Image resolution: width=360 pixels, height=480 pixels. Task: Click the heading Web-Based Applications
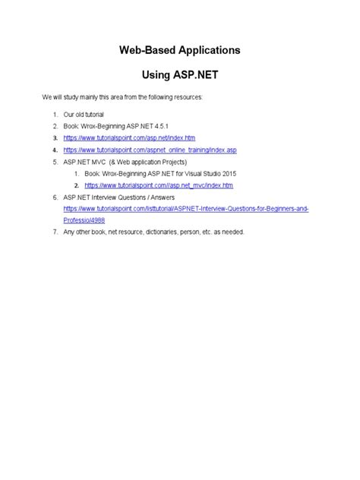(x=179, y=50)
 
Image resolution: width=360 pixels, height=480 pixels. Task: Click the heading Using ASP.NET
(x=179, y=77)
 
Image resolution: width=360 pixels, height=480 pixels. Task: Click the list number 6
(x=55, y=197)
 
